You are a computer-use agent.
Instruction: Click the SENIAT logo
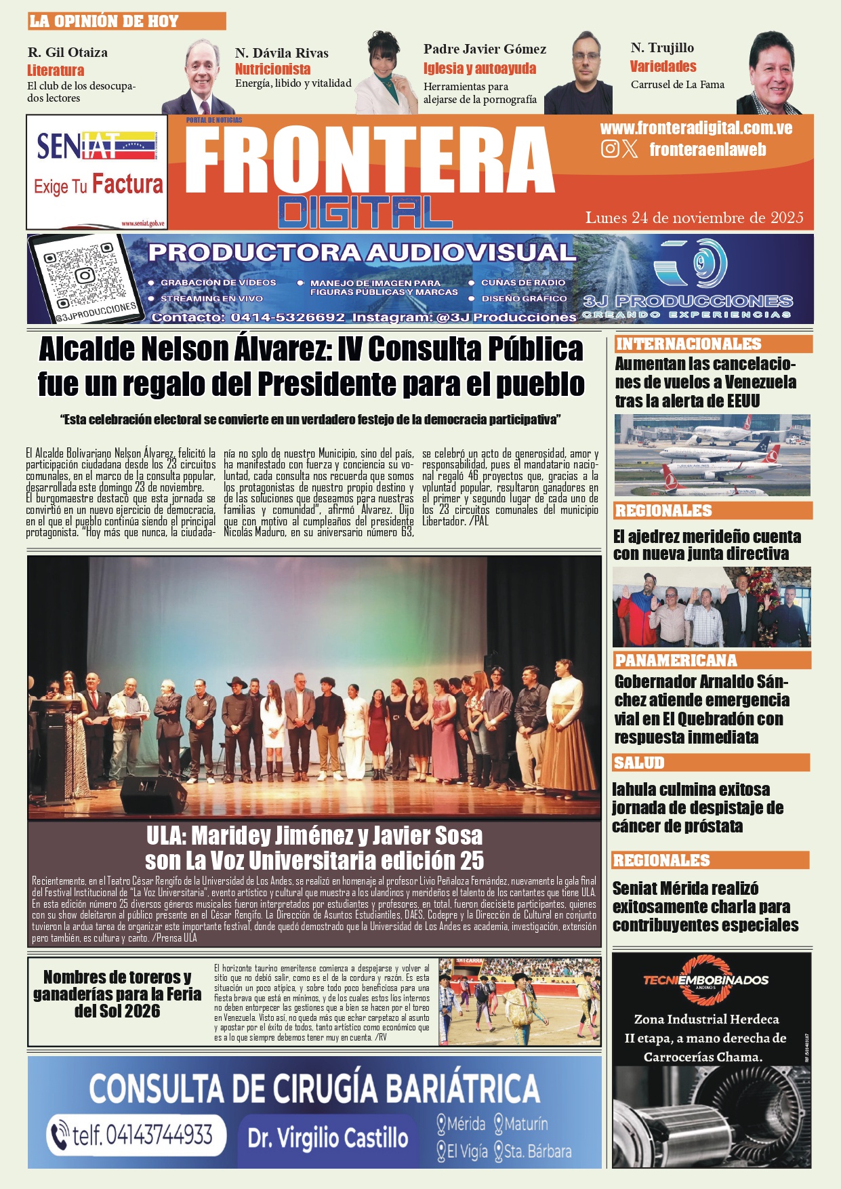pos(96,146)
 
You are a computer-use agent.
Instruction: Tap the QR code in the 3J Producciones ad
pos(84,276)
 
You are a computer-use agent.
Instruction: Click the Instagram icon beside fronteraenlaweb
pos(609,148)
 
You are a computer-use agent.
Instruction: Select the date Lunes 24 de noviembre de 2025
pos(694,218)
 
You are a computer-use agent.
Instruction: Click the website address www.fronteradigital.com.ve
pos(696,128)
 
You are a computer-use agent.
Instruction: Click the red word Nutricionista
pos(272,69)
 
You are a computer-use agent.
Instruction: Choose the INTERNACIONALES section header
pos(688,344)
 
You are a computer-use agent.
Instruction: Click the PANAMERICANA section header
pos(676,660)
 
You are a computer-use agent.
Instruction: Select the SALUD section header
pos(639,763)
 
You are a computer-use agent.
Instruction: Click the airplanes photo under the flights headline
pos(712,456)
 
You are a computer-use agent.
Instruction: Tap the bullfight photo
pos(519,1001)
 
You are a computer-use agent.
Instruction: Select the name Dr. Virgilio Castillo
pos(328,1137)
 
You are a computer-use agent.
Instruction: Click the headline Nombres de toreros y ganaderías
pos(117,994)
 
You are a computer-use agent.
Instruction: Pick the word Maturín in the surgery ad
pos(525,1124)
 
